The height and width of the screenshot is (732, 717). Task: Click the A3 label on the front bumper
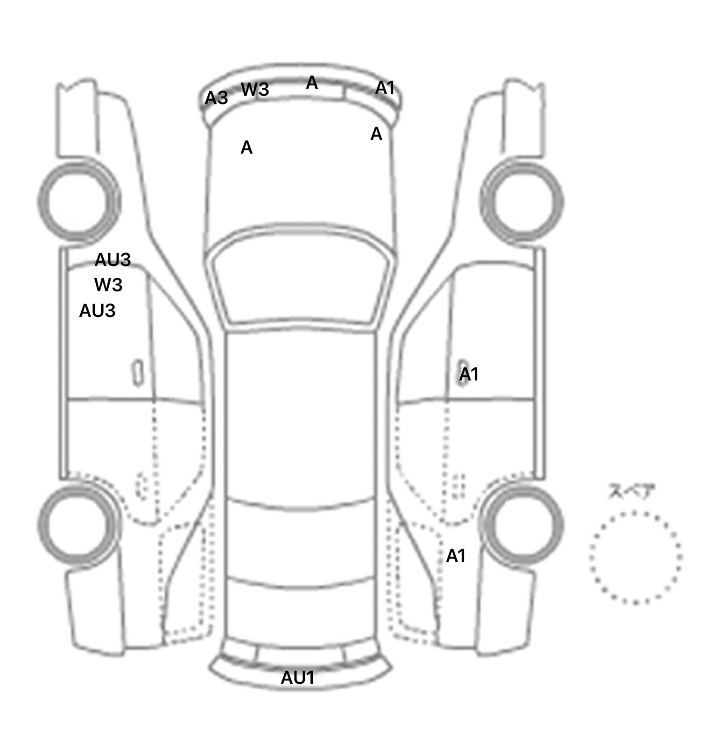click(x=216, y=98)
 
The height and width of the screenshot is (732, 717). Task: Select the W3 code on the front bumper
click(x=255, y=89)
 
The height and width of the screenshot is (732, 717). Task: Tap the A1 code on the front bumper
click(x=385, y=87)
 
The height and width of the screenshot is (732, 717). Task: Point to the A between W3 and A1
click(x=312, y=83)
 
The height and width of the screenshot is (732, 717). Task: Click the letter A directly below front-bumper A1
click(x=376, y=134)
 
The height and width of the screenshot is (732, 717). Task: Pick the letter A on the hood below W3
click(x=246, y=148)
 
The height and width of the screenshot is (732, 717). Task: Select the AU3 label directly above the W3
click(x=112, y=260)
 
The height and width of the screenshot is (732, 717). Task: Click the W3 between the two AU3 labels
click(x=108, y=285)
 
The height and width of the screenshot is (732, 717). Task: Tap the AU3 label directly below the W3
click(x=97, y=311)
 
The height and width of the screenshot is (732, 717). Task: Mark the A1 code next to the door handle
click(x=469, y=374)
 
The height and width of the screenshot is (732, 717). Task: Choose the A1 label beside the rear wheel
click(x=456, y=556)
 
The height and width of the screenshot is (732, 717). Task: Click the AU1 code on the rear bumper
click(x=297, y=678)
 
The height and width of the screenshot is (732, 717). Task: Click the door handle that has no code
click(x=138, y=373)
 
